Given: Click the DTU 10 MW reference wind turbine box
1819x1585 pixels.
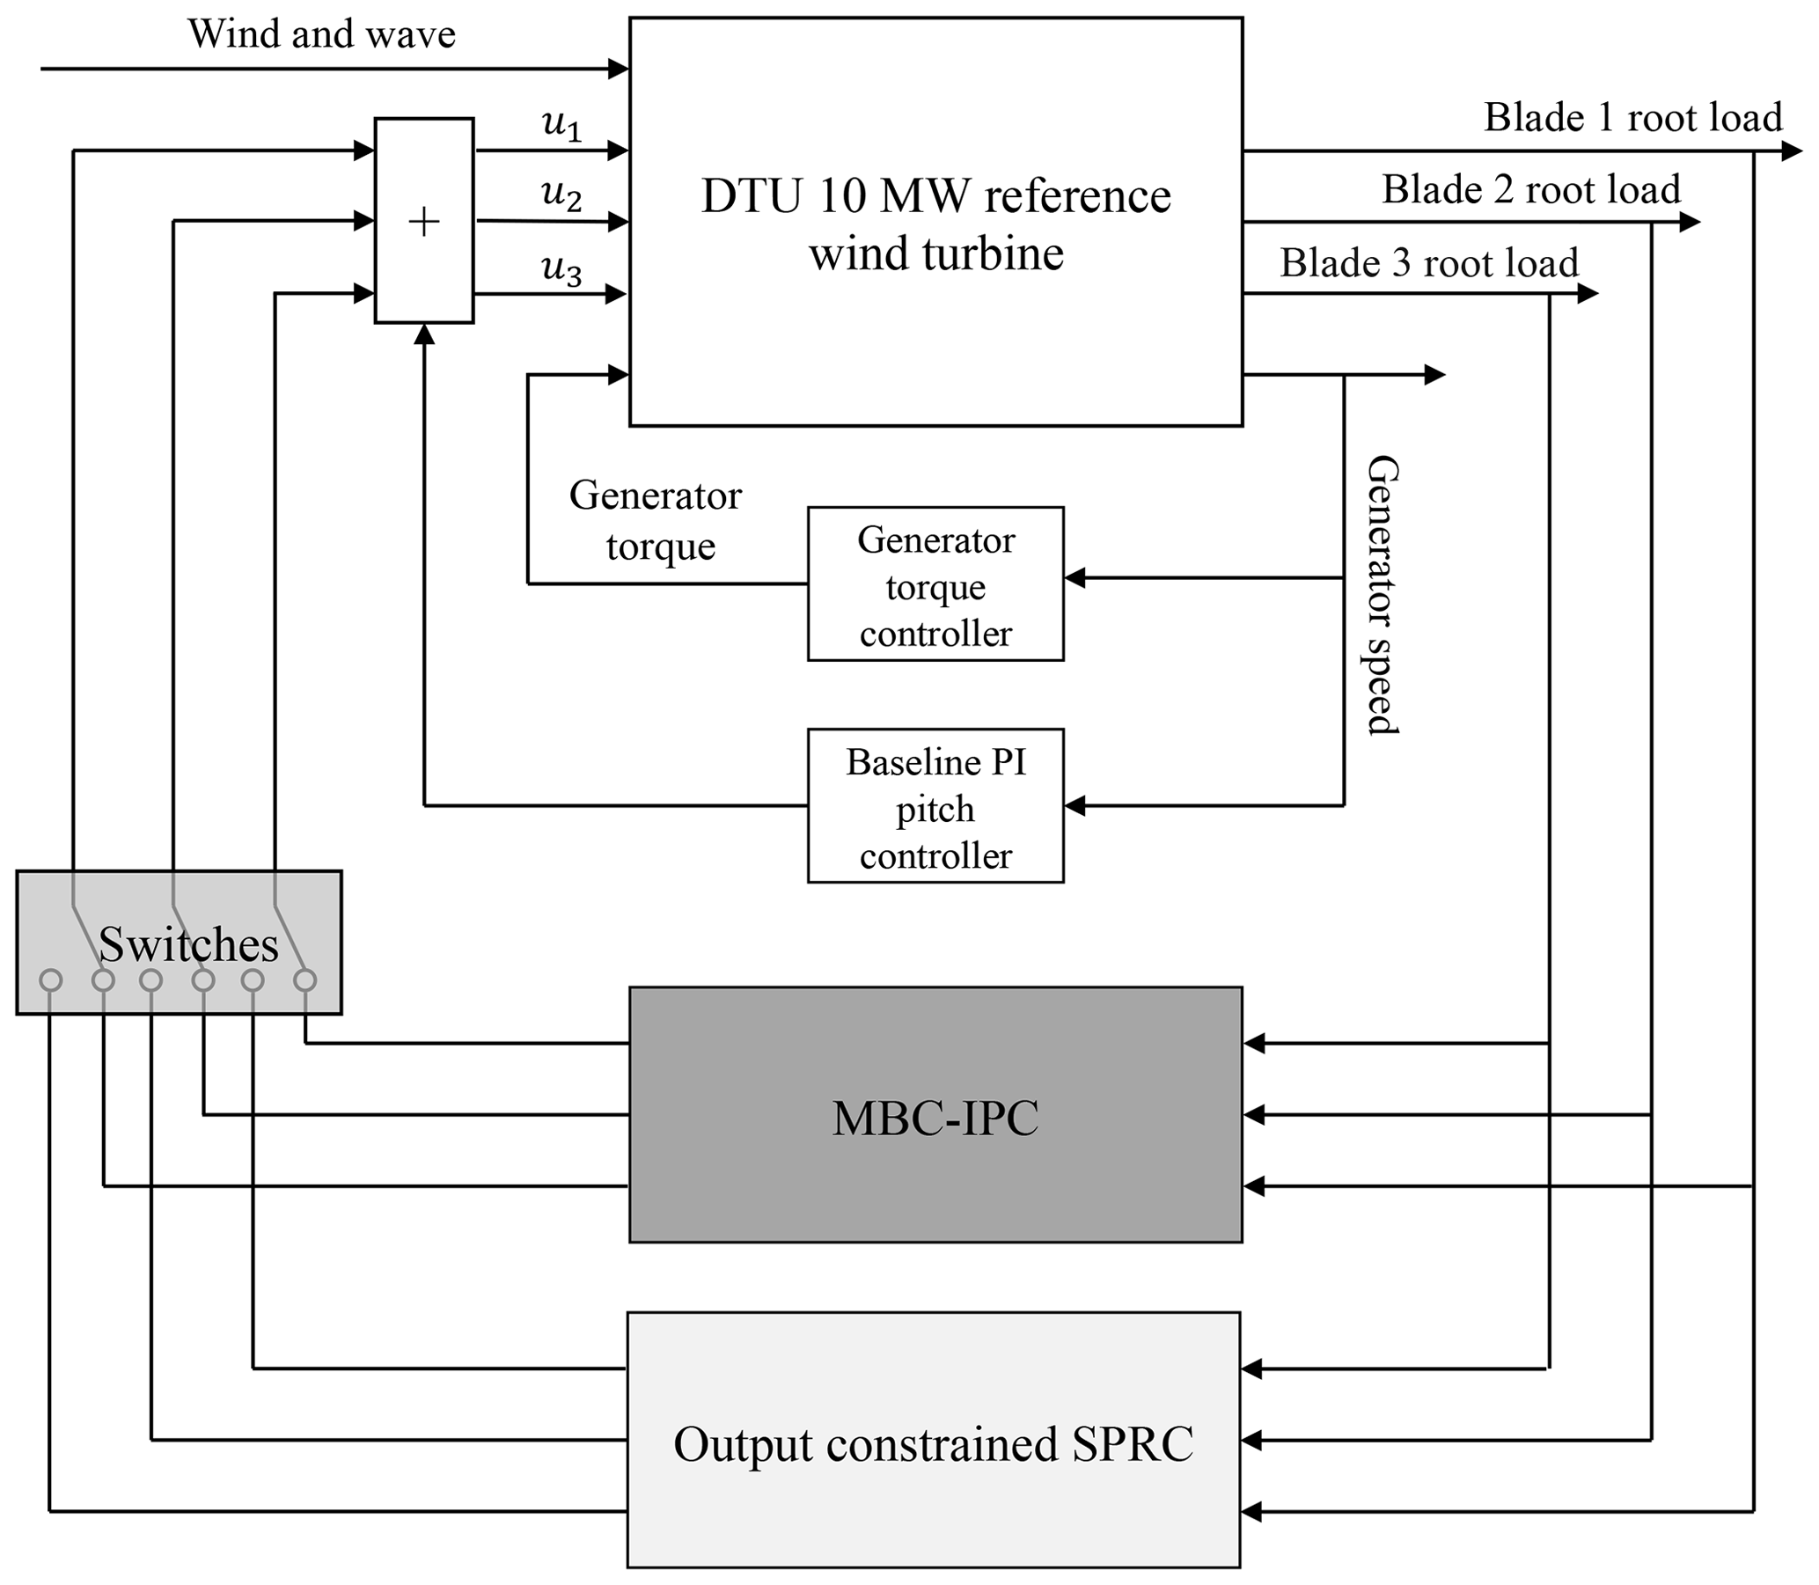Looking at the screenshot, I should click(935, 221).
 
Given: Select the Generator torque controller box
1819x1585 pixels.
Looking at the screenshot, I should click(935, 583).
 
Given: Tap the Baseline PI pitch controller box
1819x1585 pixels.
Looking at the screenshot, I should click(935, 806).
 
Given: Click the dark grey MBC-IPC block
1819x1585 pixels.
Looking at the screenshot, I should click(935, 1114).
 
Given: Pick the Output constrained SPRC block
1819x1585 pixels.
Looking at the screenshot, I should click(934, 1443).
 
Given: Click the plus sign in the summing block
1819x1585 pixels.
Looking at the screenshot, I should click(424, 221).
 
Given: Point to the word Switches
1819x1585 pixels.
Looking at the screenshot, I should click(188, 943).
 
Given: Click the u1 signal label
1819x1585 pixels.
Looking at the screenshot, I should click(561, 126).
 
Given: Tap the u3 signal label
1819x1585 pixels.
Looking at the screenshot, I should click(561, 270).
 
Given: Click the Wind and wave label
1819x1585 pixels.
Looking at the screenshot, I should click(321, 34).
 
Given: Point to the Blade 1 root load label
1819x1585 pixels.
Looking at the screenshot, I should click(1632, 118).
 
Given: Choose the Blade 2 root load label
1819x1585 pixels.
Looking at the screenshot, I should click(1530, 189).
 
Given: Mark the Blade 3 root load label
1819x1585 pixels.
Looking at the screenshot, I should click(1429, 262).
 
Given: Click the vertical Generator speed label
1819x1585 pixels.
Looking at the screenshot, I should click(1383, 594).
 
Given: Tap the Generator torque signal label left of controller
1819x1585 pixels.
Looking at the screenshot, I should click(657, 520).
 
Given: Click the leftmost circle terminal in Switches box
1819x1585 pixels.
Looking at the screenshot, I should click(51, 980).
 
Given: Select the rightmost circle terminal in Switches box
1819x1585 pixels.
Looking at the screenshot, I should click(305, 980).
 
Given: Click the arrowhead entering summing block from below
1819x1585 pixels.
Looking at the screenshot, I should click(424, 334).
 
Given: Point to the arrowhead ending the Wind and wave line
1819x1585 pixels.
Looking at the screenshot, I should click(619, 68).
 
